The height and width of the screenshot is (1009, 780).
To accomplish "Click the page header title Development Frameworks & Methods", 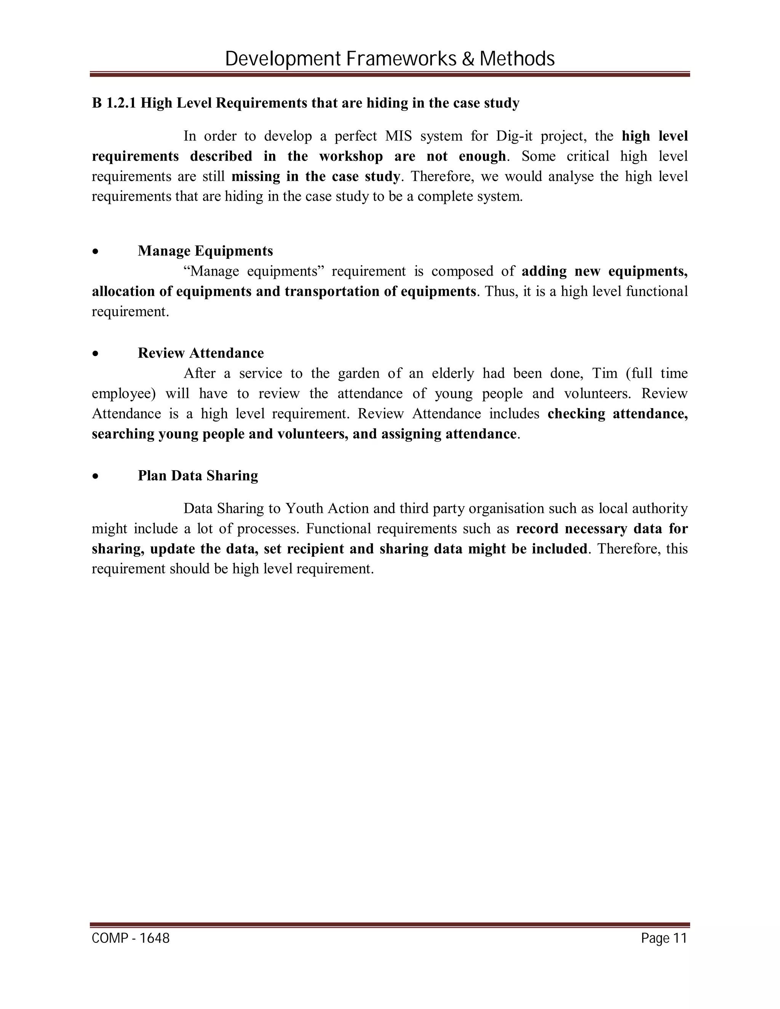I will pyautogui.click(x=390, y=59).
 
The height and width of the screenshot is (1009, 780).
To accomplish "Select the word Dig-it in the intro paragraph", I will pyautogui.click(x=514, y=136).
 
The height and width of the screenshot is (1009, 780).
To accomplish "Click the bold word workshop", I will pyautogui.click(x=351, y=156).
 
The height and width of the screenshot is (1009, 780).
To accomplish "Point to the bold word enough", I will pyautogui.click(x=482, y=156).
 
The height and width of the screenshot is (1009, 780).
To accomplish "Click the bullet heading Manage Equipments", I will pyautogui.click(x=205, y=251).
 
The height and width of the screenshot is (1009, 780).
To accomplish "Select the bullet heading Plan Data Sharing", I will pyautogui.click(x=198, y=476).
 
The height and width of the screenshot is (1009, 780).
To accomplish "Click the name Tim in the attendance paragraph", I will pyautogui.click(x=605, y=373).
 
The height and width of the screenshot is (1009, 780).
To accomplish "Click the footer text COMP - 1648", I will pyautogui.click(x=131, y=938).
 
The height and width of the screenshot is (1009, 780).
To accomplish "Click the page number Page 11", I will pyautogui.click(x=664, y=938).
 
